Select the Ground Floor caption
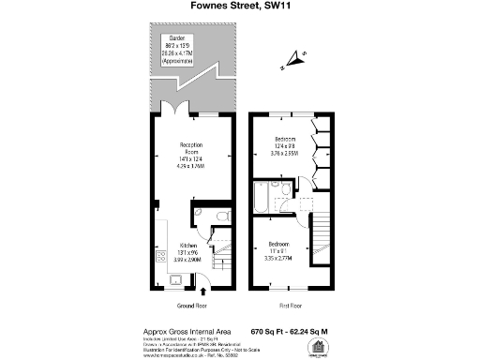[x=190, y=307]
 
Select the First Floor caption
[x=288, y=307]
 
